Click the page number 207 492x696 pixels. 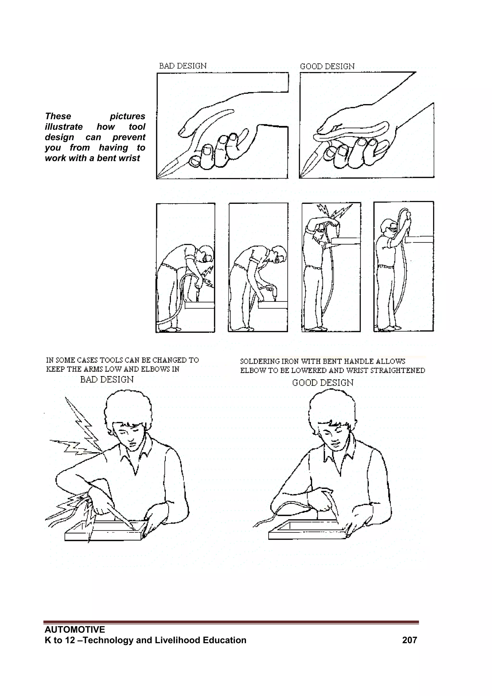click(x=409, y=640)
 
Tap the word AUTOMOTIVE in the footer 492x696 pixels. click(x=74, y=630)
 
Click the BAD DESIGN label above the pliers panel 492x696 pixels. click(x=183, y=66)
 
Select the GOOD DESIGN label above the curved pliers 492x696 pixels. click(x=327, y=66)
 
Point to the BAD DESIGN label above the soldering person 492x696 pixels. click(x=107, y=380)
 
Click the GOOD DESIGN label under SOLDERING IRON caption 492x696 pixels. click(x=323, y=383)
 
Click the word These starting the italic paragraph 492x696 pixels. click(x=58, y=116)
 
